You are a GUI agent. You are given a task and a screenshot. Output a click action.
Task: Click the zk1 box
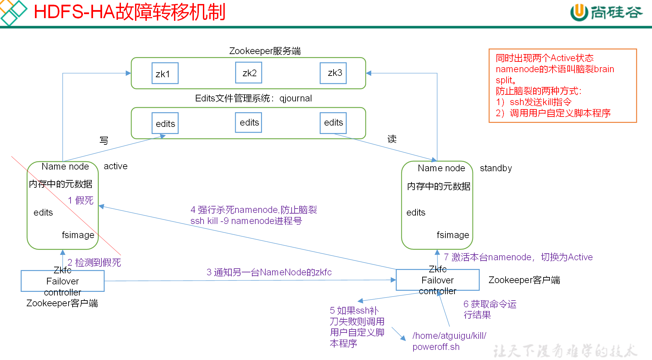click(165, 73)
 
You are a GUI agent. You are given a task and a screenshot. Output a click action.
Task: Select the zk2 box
click(249, 73)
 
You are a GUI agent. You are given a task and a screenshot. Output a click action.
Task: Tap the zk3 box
click(333, 73)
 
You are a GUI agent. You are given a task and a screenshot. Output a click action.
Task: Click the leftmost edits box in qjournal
click(165, 123)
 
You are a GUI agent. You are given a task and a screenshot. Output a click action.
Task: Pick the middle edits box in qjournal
click(249, 123)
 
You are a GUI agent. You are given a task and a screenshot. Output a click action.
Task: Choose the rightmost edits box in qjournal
click(333, 123)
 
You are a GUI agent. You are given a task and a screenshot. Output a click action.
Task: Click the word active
click(116, 166)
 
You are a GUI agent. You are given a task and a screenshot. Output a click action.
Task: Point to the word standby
click(496, 168)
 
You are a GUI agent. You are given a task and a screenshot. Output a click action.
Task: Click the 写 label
click(104, 140)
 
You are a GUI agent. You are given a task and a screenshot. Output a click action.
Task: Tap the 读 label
click(392, 139)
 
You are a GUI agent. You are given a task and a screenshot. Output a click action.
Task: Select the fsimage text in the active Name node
click(78, 235)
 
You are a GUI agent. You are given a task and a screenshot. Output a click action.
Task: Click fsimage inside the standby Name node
click(452, 235)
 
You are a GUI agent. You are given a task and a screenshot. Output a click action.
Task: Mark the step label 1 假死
click(81, 200)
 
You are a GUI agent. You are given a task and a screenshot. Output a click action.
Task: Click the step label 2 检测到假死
click(94, 262)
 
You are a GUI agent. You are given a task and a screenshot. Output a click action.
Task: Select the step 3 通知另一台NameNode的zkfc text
click(269, 272)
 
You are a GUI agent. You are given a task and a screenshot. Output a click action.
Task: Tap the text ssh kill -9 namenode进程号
click(246, 221)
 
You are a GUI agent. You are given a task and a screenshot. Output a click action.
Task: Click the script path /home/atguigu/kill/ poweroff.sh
click(449, 341)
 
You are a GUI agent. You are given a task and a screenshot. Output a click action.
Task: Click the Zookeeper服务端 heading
click(265, 51)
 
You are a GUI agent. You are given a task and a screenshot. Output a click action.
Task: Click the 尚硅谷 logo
click(606, 12)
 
